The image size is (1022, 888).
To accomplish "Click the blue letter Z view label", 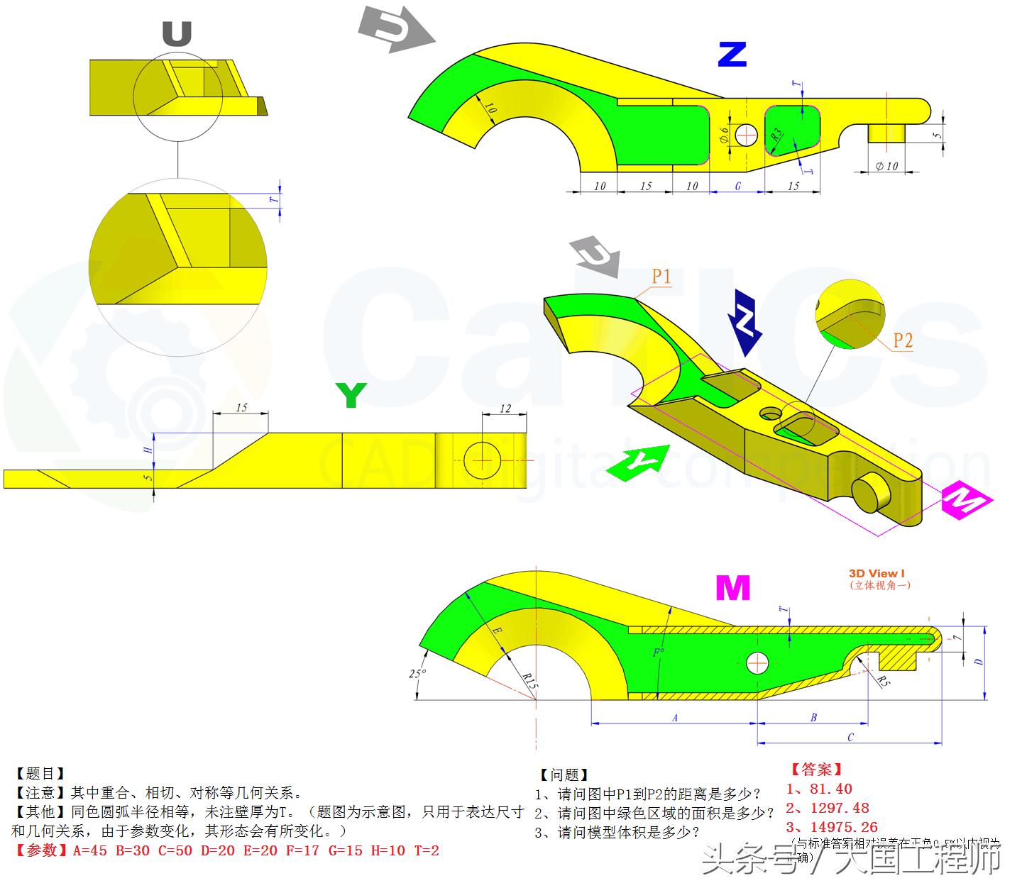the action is pos(732,55).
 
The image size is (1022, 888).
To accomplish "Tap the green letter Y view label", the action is pos(351,395).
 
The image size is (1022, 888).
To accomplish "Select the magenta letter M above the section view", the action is pos(732,588).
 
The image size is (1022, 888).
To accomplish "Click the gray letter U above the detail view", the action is pos(177,33).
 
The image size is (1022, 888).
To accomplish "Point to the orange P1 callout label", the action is pos(661,277).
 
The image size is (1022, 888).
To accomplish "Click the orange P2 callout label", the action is pos(902,340).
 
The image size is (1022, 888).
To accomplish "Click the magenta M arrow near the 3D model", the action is pos(965,500).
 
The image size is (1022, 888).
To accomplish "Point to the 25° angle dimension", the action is pos(417,674).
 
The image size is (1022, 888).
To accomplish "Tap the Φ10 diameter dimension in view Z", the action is pos(886,166).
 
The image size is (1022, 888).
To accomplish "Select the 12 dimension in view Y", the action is pos(505,409).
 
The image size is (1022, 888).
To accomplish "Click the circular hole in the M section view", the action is pos(757,663).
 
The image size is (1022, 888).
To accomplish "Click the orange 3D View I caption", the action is pos(877,573).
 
